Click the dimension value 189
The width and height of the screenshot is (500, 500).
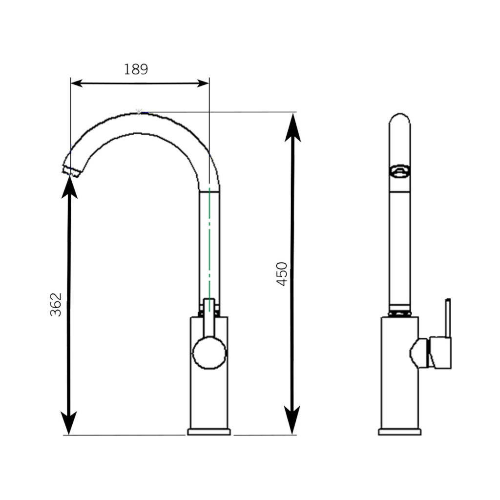click(x=136, y=69)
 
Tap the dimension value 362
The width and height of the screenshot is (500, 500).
click(x=56, y=304)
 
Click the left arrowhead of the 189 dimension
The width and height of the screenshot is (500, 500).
click(x=77, y=83)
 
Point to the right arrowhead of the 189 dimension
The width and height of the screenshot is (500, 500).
click(x=203, y=83)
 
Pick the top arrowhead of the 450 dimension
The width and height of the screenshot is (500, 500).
click(x=293, y=127)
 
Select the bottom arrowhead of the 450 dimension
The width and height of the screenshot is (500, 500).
click(x=292, y=420)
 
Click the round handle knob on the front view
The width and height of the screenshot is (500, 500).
click(x=209, y=353)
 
